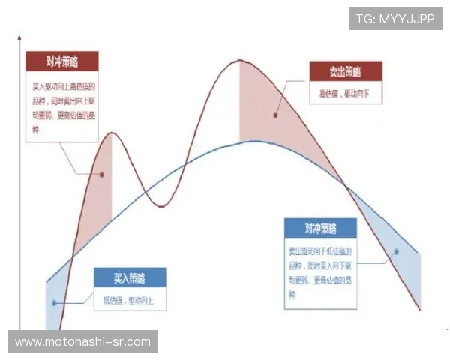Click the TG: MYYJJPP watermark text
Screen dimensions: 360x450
tap(395, 19)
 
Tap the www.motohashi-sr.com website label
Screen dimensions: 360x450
tap(83, 342)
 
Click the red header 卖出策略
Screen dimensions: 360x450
tap(346, 72)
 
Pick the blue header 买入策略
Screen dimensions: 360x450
tap(130, 278)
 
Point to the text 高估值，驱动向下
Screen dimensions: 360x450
tap(345, 95)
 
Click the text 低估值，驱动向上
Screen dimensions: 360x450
tap(129, 301)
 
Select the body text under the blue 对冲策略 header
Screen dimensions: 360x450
tap(319, 268)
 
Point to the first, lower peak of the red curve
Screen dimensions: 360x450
tap(112, 133)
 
